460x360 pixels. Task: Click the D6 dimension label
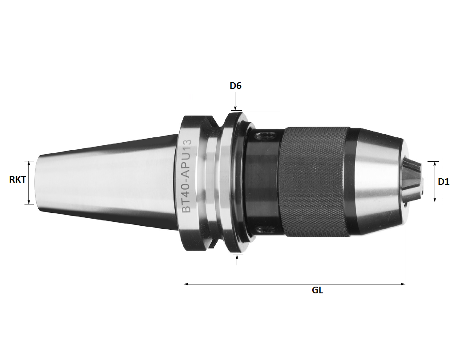235,85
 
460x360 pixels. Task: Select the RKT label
17,180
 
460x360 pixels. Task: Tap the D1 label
444,182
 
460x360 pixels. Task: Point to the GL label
317,291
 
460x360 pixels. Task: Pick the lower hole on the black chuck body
266,229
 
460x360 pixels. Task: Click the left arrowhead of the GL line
186,284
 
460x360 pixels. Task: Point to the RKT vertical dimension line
29,182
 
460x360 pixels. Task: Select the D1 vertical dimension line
433,181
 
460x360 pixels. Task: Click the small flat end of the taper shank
37,182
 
